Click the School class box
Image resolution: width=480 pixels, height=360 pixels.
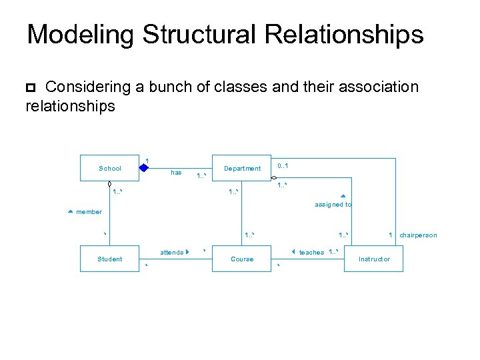(x=110, y=168)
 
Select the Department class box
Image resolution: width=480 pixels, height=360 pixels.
(x=242, y=168)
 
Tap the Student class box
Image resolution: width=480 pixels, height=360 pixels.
(x=110, y=259)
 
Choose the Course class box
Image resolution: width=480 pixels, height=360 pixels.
(x=242, y=259)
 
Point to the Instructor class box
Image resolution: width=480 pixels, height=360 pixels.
(x=374, y=259)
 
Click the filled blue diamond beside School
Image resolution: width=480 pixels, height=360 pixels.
(x=144, y=167)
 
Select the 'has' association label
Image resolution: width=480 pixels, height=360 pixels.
(x=176, y=173)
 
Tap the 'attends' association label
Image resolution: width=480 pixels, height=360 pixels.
(x=171, y=253)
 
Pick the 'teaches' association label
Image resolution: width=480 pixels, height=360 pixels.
(x=311, y=253)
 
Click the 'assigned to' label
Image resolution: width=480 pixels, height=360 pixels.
(x=333, y=205)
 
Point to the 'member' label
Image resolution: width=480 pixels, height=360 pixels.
(x=89, y=212)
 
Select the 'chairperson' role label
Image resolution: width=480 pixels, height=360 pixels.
(x=418, y=235)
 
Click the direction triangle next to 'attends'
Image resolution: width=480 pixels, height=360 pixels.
(x=189, y=252)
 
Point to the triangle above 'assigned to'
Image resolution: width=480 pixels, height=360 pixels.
(x=343, y=197)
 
